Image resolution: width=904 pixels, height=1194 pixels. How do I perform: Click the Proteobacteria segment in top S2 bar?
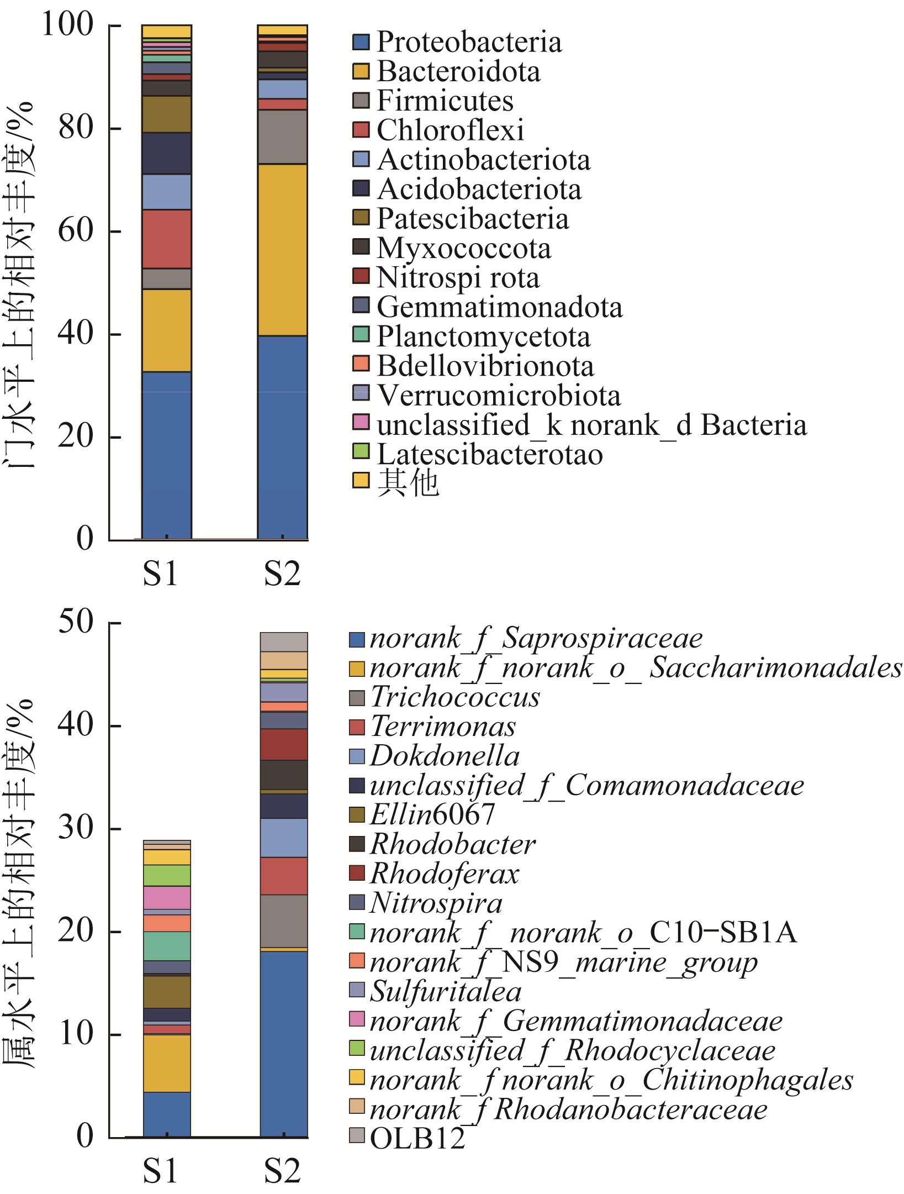coord(282,436)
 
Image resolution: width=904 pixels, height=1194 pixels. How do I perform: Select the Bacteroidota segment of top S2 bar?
coord(282,250)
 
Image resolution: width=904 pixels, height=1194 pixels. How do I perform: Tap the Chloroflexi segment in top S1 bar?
coord(166,239)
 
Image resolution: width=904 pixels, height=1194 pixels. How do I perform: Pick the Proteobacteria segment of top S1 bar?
coord(166,455)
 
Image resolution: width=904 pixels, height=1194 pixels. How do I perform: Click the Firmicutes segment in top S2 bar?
coord(282,137)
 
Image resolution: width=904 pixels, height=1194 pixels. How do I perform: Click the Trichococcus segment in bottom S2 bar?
coord(283,921)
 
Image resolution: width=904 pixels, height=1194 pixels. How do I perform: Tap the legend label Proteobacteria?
coord(469,42)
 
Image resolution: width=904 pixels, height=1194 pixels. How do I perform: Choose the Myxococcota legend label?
coord(463,249)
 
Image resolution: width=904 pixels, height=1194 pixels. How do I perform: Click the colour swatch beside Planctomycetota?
coord(361,337)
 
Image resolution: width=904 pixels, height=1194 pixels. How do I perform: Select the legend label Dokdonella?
coord(445,756)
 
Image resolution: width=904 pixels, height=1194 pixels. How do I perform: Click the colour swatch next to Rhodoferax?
coord(357,874)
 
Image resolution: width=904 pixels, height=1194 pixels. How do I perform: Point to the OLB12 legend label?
coord(417,1139)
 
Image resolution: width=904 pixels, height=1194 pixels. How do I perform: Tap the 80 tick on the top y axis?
coord(76,129)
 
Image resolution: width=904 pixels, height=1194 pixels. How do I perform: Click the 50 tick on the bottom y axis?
coord(76,623)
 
